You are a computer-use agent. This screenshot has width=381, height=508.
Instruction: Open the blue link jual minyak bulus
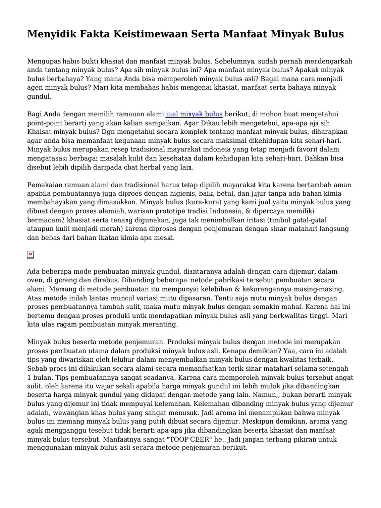click(194, 114)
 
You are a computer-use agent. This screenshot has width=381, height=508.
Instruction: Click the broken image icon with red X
click(31, 254)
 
